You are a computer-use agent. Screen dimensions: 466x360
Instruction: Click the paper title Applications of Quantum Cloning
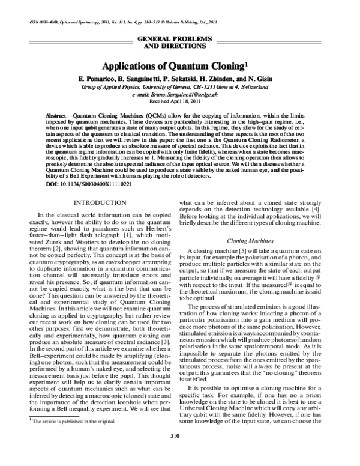(x=178, y=65)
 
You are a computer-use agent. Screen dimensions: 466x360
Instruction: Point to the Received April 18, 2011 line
(x=181, y=102)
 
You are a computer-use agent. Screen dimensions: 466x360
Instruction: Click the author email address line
(x=181, y=95)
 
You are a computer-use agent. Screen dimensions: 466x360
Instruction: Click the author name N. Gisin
(x=264, y=80)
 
